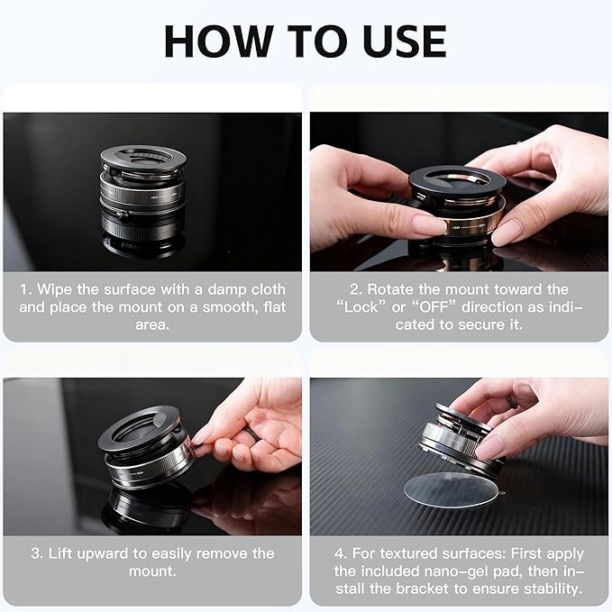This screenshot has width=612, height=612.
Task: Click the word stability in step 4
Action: coord(553,589)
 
